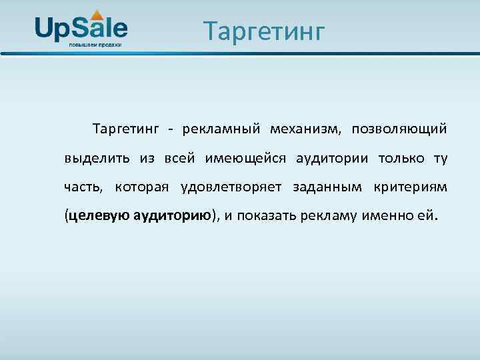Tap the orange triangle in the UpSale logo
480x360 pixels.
pyautogui.click(x=97, y=14)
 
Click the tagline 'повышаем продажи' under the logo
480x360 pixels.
pyautogui.click(x=95, y=45)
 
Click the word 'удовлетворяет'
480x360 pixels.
pyautogui.click(x=233, y=187)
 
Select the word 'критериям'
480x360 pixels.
pyautogui.click(x=411, y=187)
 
